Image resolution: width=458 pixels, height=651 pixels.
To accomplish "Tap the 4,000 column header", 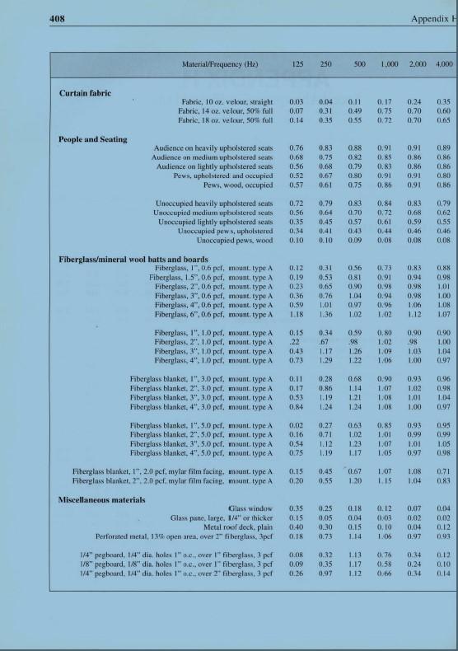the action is [444, 63].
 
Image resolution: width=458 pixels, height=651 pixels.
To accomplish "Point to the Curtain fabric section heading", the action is [85, 93].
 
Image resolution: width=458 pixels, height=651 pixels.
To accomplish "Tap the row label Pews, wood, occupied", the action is [238, 185].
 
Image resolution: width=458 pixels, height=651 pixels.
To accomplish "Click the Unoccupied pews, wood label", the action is [235, 241].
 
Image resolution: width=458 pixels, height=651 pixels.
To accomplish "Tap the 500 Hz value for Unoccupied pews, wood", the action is [355, 241].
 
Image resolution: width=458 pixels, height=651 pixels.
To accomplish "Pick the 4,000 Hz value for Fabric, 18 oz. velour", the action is [444, 119].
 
